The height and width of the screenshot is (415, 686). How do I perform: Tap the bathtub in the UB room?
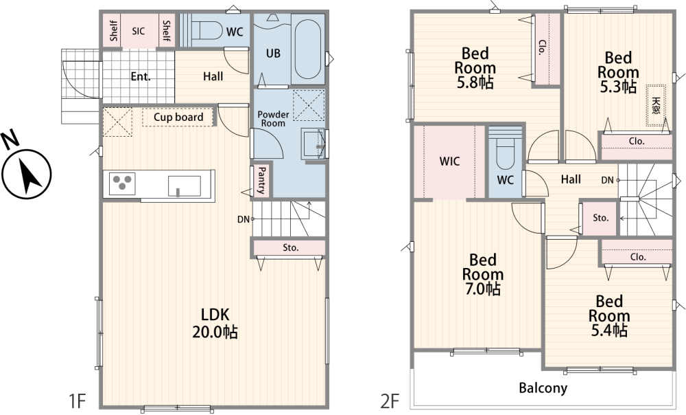coord(308,49)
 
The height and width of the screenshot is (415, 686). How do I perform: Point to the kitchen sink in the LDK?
coord(185,186)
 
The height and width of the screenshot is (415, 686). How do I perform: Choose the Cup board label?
coord(178,117)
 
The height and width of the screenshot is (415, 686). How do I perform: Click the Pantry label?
coord(261,180)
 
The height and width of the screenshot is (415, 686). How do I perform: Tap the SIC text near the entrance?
coord(139,31)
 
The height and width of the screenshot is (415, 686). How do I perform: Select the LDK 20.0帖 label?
coord(215,323)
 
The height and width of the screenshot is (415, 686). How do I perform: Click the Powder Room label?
coord(273,119)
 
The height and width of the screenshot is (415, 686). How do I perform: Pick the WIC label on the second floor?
coord(450,161)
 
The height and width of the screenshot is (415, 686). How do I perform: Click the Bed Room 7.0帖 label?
coord(482,274)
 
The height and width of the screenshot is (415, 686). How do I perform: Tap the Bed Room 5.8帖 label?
coord(475,68)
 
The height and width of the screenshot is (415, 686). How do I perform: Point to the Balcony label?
coord(543,388)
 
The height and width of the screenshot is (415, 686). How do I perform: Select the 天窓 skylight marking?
coord(656,105)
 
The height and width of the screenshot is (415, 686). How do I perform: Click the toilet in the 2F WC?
coord(506,153)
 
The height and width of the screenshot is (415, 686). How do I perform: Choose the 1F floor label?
coord(77,401)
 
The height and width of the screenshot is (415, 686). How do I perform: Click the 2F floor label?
coord(390,401)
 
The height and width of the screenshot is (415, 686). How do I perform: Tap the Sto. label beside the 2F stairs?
coord(601,218)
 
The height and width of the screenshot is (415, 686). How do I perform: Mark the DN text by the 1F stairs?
coord(244,219)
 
